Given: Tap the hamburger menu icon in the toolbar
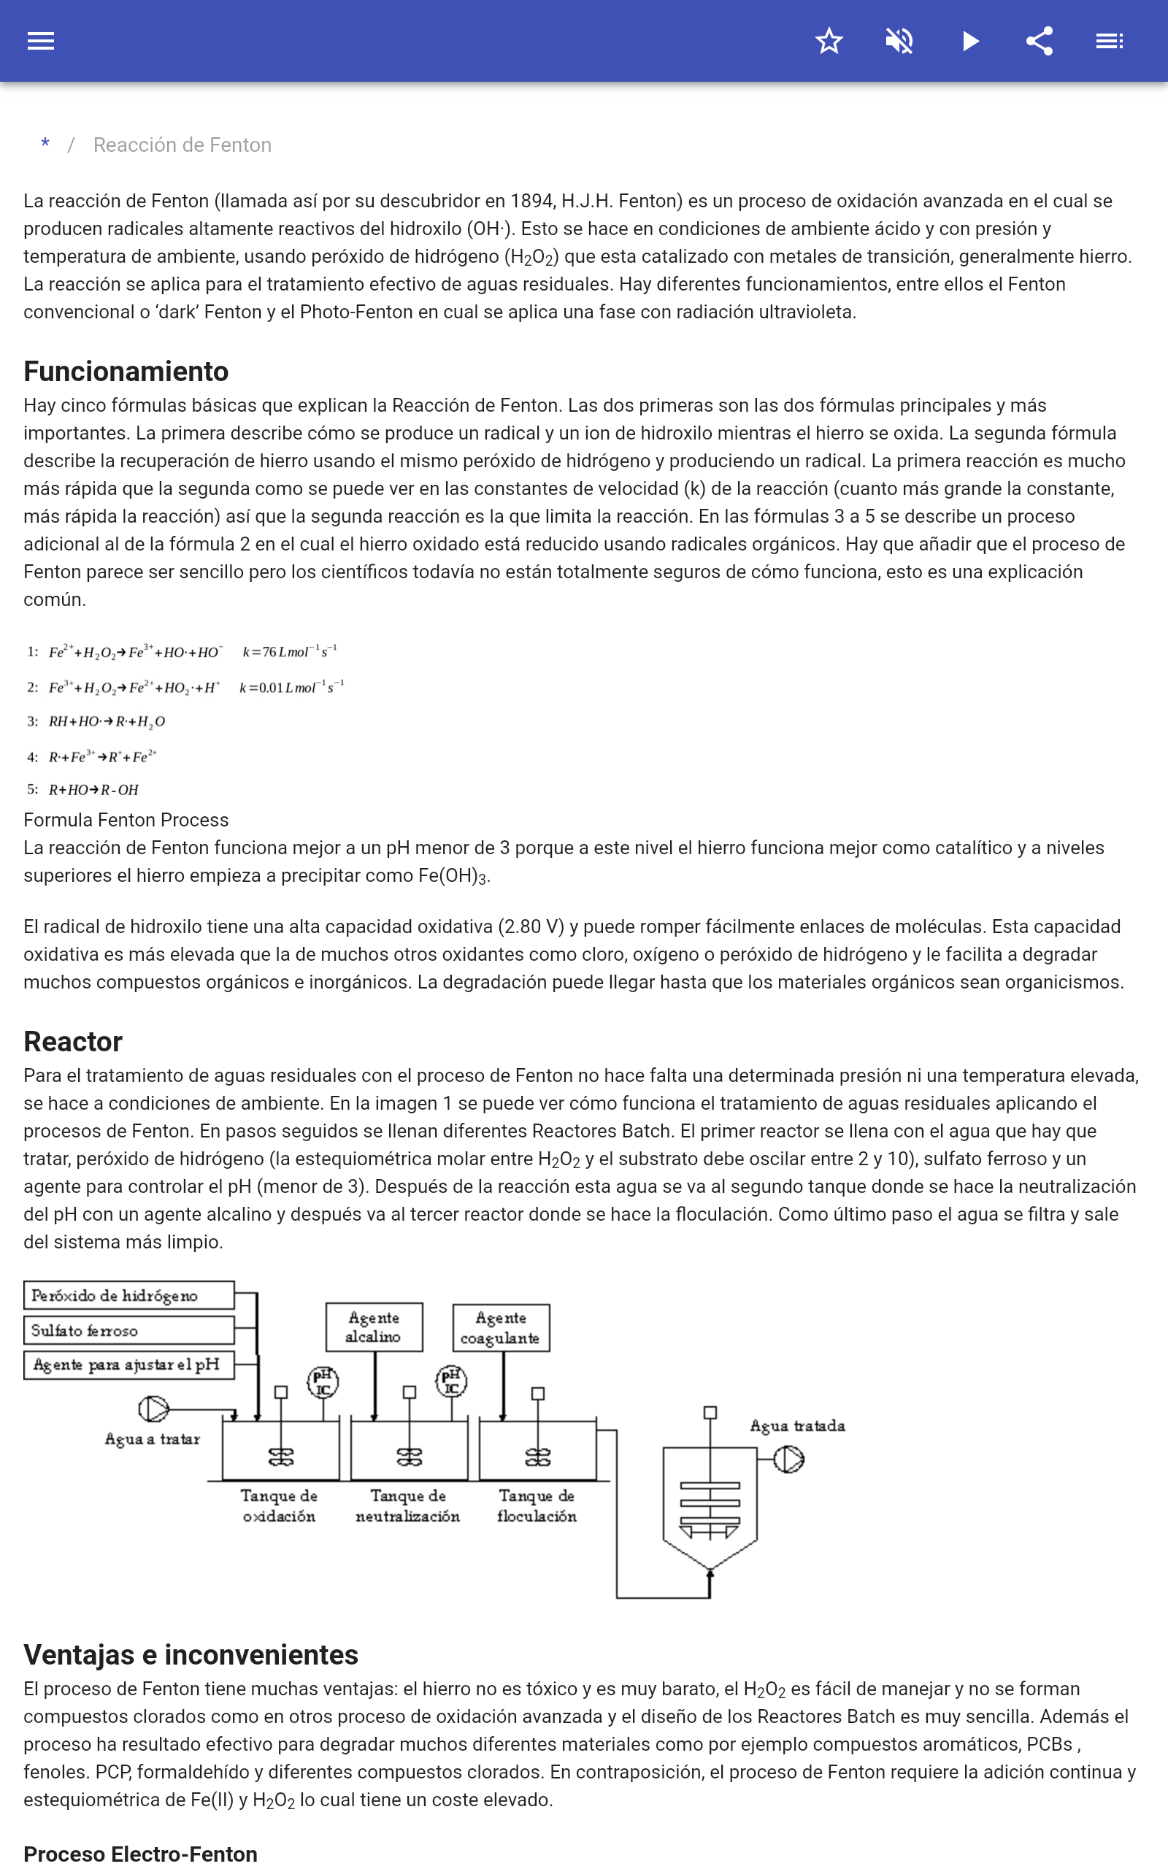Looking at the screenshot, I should click(x=41, y=41).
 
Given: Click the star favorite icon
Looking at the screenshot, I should click(x=828, y=41).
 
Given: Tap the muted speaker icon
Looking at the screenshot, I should click(x=899, y=41).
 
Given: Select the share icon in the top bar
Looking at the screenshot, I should click(x=1040, y=41).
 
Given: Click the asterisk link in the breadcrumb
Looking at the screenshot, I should click(x=45, y=145).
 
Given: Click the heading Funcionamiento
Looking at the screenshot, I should click(x=126, y=372).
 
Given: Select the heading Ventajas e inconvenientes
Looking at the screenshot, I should click(x=191, y=1655).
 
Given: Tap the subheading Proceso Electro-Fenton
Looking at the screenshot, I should click(x=140, y=1854).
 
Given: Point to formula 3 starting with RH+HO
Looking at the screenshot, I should click(x=107, y=721).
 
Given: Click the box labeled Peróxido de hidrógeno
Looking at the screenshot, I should click(x=128, y=1295).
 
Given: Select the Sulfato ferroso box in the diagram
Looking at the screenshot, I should click(x=128, y=1330).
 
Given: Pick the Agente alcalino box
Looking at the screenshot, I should click(x=374, y=1327).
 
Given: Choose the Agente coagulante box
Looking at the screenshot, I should click(x=501, y=1327).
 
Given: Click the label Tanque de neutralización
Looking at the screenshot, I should click(x=408, y=1506).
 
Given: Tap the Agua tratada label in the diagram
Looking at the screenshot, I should click(x=797, y=1426).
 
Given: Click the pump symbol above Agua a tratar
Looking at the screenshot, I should click(x=153, y=1409).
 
